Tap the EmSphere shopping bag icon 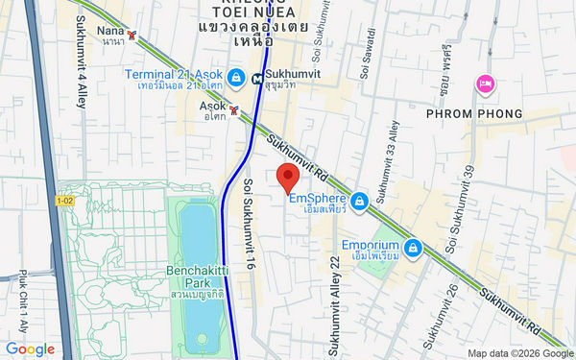pos(359,201)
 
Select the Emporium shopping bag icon pos(412,249)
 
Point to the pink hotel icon pos(486,84)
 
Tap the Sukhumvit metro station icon pos(256,79)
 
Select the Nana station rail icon pos(132,36)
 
